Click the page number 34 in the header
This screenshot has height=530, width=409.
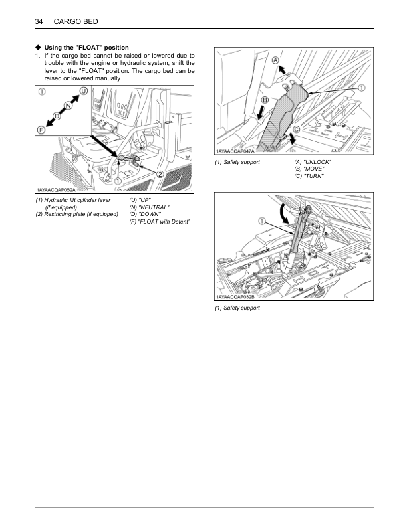tap(39, 23)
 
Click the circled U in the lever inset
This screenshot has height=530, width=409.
tap(83, 91)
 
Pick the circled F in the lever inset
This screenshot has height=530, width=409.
tap(41, 129)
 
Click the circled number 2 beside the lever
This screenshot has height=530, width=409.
tap(160, 174)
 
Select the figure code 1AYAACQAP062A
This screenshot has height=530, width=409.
tap(59, 192)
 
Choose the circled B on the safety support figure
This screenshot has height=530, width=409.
tap(264, 100)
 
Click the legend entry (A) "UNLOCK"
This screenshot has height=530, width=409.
tap(313, 163)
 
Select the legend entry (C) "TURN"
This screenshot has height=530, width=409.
tap(309, 176)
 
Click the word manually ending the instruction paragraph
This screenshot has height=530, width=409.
tap(108, 79)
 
